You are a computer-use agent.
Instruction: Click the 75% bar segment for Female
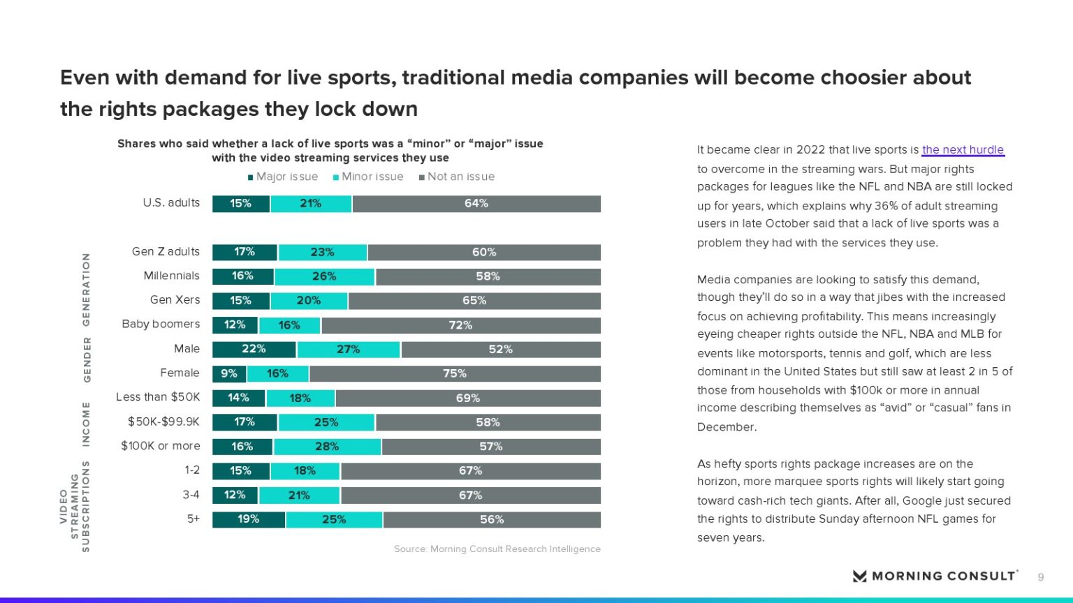click(x=455, y=373)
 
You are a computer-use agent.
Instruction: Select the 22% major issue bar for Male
click(x=254, y=349)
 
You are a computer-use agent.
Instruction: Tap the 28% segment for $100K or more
click(x=327, y=447)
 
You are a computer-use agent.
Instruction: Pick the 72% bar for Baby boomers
click(x=461, y=325)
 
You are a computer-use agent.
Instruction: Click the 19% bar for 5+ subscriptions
click(x=249, y=519)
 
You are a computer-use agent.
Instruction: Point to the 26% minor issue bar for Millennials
click(x=324, y=276)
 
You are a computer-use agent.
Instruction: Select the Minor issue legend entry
click(x=368, y=177)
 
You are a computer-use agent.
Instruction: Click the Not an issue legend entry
click(x=457, y=177)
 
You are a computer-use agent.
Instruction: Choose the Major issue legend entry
click(x=283, y=177)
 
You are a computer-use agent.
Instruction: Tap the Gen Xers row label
click(x=175, y=299)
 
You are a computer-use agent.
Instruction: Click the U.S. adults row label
click(x=171, y=202)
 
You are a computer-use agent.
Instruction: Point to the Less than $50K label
click(x=158, y=396)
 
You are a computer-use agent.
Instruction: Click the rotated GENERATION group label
click(x=87, y=289)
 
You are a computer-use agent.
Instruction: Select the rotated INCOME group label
click(x=87, y=424)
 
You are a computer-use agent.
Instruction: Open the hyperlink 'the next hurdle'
click(x=963, y=149)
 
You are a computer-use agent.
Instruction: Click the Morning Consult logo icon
click(x=859, y=576)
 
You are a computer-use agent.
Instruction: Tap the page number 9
click(x=1041, y=577)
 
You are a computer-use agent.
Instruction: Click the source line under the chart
click(x=497, y=549)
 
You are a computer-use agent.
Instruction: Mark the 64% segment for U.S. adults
click(x=476, y=204)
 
